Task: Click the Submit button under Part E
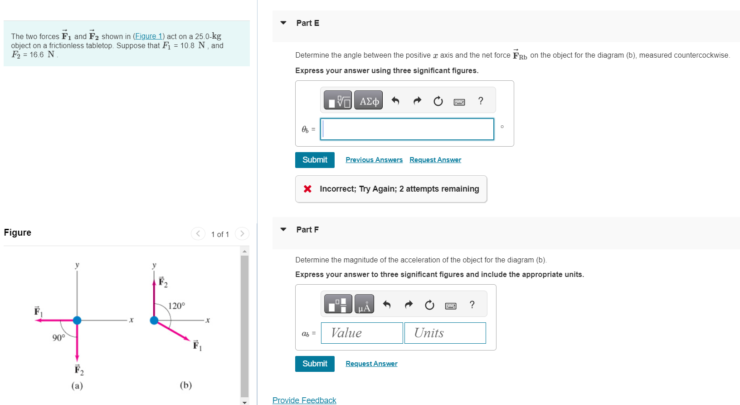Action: coord(315,160)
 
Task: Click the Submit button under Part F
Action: coord(315,364)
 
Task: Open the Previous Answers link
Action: coord(374,160)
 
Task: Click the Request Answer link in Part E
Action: coord(435,160)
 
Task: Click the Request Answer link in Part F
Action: coord(371,364)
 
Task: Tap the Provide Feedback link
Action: coord(304,400)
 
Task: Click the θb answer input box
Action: coord(407,129)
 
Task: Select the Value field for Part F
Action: coord(362,333)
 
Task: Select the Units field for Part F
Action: coord(445,333)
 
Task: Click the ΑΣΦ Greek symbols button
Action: coord(369,100)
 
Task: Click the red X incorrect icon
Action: coord(307,189)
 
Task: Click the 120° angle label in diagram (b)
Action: coord(177,306)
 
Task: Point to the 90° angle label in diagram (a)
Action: coord(58,338)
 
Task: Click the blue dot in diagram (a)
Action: coord(77,320)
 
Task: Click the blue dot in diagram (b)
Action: coord(154,320)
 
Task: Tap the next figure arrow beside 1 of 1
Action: coord(242,234)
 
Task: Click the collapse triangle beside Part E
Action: coord(283,23)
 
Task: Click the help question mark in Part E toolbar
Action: coord(481,101)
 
